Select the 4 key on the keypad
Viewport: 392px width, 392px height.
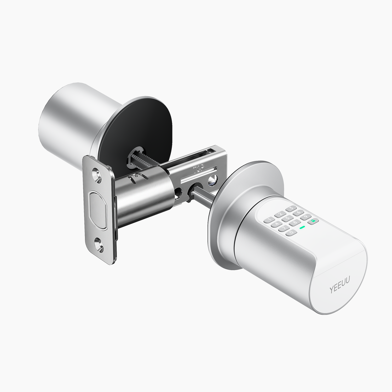pos(276,224)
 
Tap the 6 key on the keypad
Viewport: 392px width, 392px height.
pos(298,212)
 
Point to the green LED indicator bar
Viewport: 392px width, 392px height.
pos(303,227)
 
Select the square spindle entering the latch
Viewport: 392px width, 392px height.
pos(204,196)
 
